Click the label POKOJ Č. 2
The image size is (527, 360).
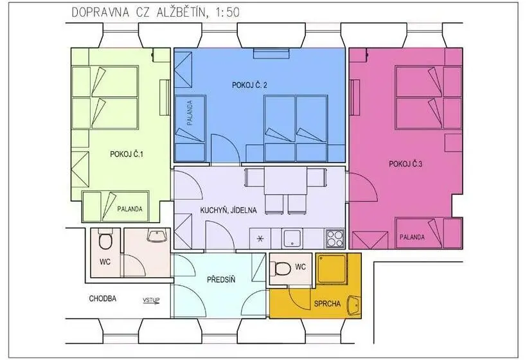(249, 85)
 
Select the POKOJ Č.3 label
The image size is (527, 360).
(406, 164)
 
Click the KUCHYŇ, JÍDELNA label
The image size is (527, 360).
(228, 210)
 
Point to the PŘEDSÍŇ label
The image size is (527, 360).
(221, 280)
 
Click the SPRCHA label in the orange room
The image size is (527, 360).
(327, 304)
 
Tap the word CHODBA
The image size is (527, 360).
(103, 298)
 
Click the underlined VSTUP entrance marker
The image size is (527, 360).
(151, 300)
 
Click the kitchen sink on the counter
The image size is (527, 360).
(292, 239)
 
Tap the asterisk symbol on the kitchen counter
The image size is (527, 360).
(260, 239)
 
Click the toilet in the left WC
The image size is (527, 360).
(105, 239)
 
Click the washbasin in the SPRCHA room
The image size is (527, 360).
(353, 305)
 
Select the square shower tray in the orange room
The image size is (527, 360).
(332, 269)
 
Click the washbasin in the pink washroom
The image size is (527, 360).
(157, 236)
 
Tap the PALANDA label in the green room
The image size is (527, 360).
(130, 209)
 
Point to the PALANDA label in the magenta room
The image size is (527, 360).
(412, 237)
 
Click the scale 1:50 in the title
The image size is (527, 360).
(227, 12)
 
